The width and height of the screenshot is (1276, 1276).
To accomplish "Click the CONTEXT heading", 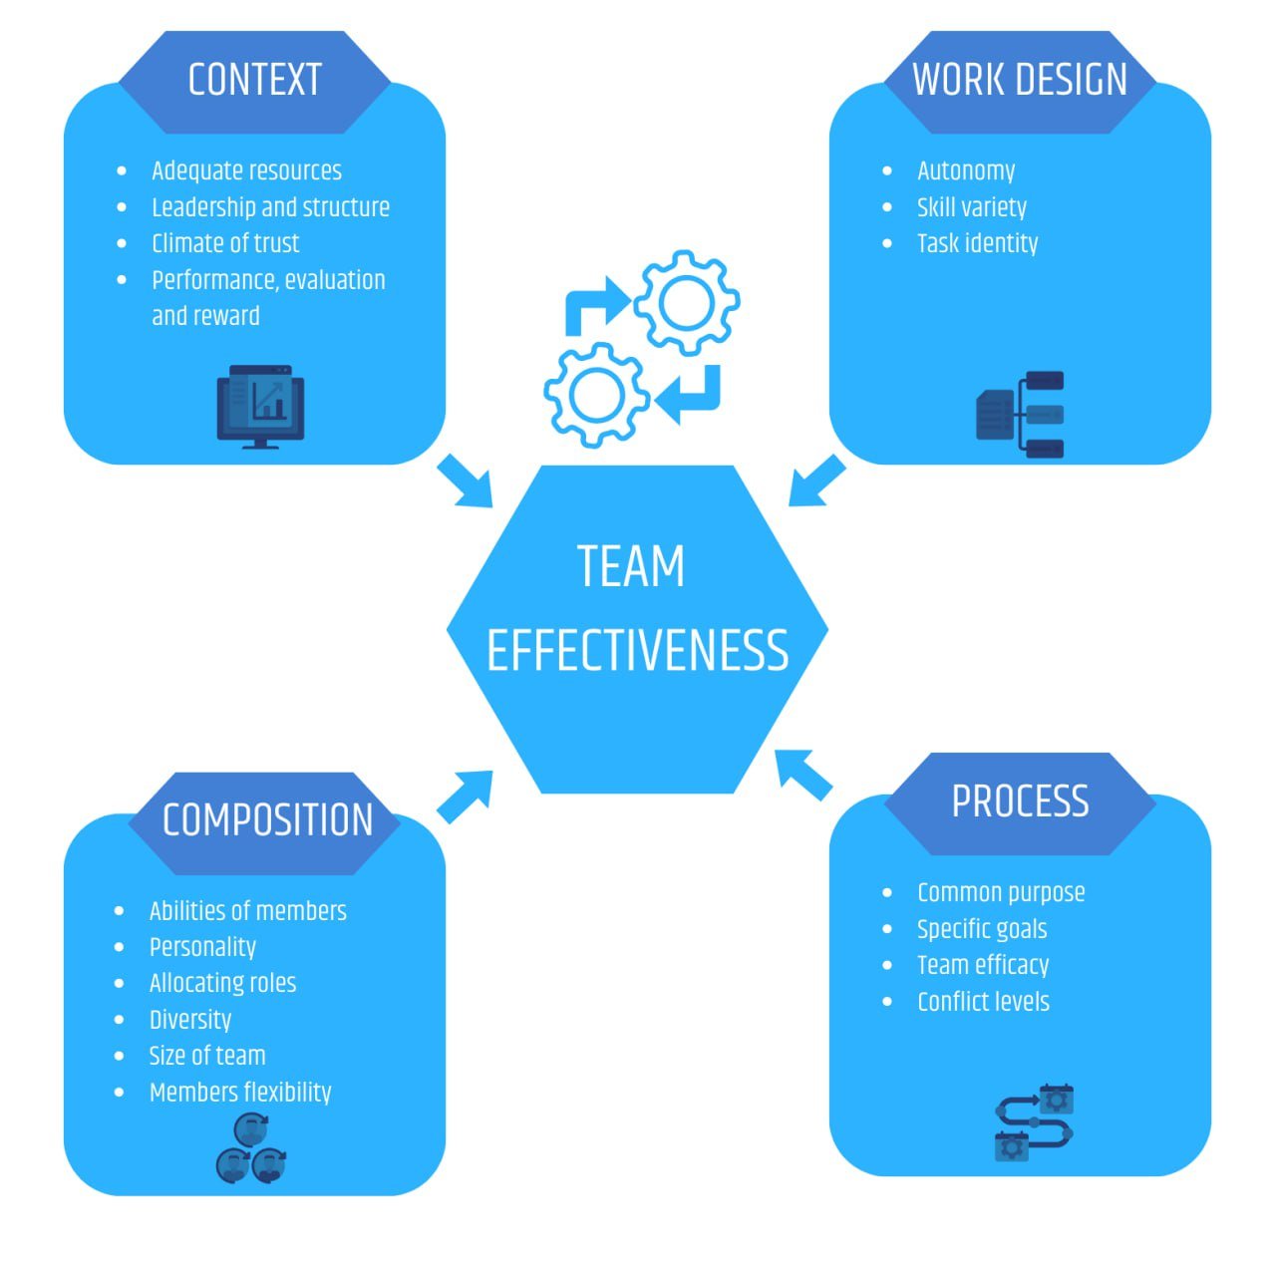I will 254,80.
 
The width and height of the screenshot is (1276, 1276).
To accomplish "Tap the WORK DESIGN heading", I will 1019,80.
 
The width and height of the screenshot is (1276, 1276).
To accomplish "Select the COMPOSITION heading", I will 267,820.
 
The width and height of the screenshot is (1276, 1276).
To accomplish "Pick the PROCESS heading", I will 1020,801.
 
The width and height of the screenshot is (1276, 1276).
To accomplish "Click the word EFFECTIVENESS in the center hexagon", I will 637,650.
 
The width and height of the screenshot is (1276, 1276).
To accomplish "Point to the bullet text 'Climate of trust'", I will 225,243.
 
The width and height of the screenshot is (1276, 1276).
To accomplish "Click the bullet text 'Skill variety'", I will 971,207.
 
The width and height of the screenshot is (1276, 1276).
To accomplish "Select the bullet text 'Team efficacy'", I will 983,965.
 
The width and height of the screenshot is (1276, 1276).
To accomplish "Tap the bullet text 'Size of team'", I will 207,1056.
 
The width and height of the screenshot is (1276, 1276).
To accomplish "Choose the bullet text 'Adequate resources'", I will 246,170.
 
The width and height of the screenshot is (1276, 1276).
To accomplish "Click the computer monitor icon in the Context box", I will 260,406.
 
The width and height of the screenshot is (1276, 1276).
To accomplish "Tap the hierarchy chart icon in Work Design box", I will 1021,414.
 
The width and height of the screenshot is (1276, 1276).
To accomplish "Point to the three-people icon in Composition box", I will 251,1149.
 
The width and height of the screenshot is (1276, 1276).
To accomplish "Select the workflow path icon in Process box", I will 1035,1122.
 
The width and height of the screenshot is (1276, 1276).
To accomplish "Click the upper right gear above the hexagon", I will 686,301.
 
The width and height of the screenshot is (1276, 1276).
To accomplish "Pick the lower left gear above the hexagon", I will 596,394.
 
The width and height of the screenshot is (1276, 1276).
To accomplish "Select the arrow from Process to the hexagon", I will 803,774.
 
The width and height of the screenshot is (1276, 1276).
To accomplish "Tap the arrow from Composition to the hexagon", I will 466,796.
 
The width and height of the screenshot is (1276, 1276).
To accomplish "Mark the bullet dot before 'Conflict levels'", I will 887,1002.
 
